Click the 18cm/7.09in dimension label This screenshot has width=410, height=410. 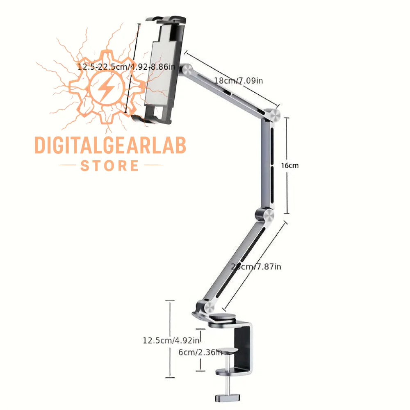238,80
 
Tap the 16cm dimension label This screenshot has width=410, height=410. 290,166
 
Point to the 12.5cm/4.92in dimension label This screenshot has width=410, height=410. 171,340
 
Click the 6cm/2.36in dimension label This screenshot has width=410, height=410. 200,351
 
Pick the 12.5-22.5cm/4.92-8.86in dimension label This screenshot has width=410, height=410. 127,66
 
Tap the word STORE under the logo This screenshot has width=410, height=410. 110,166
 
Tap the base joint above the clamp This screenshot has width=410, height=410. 205,306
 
